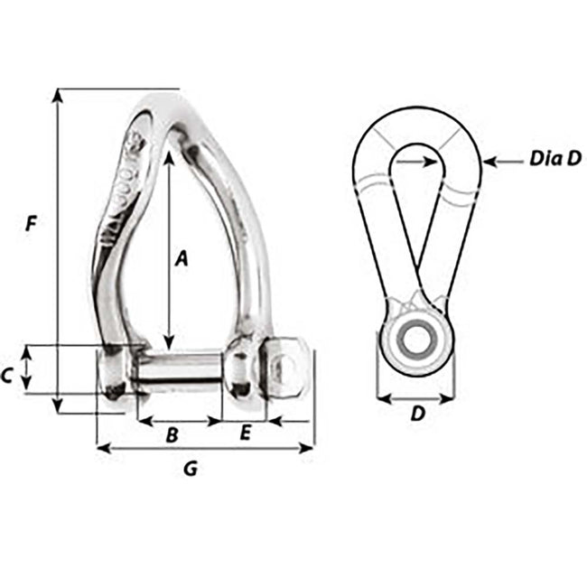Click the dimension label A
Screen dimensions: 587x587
181,259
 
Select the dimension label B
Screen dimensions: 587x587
172,434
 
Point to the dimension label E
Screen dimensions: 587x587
245,434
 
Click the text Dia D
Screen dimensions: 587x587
555,158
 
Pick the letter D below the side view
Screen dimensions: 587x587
416,415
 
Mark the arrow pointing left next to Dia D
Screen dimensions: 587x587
501,162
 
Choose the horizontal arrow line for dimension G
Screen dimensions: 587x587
205,447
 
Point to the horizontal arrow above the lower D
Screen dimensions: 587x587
415,396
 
